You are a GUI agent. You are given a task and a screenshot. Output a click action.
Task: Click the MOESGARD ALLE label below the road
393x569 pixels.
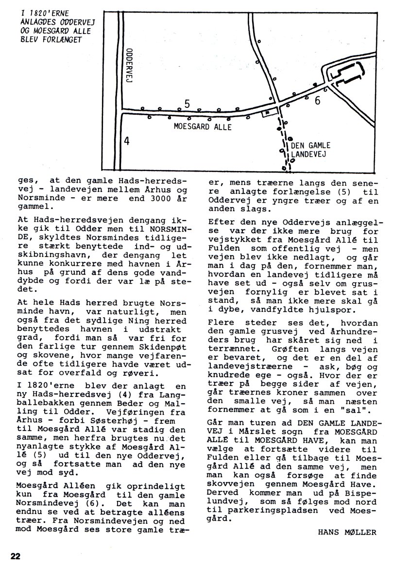203,127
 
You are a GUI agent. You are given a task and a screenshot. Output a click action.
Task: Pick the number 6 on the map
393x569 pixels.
317,101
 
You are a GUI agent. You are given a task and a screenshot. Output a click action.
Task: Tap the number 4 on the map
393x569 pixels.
126,141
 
